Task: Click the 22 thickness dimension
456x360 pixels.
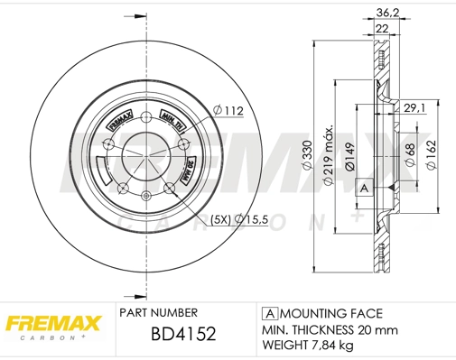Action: click(x=383, y=30)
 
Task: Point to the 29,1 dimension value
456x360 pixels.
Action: click(x=414, y=108)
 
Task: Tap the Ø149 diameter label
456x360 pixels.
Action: click(x=350, y=156)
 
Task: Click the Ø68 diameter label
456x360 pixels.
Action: click(x=411, y=153)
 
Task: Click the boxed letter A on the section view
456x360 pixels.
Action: click(x=364, y=188)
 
